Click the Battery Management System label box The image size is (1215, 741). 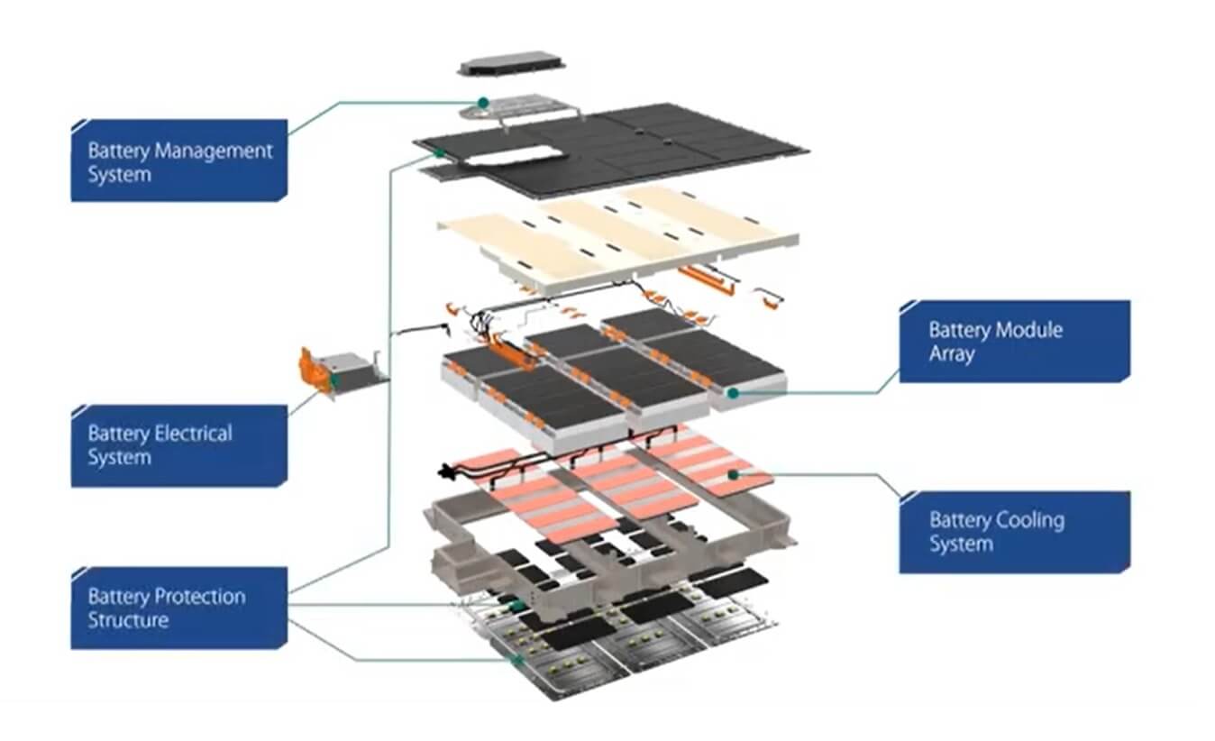pos(178,160)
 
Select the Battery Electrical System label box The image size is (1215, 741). pos(178,445)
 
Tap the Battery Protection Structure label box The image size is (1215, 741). pos(178,608)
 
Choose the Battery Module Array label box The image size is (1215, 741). pos(1014,342)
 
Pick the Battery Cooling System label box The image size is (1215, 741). pos(1014,532)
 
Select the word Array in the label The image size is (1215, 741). pos(952,353)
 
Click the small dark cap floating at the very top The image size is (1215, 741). pos(511,63)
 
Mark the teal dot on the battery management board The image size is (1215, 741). pos(483,103)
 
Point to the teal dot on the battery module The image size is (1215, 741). pos(734,393)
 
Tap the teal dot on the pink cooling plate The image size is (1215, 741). pos(734,472)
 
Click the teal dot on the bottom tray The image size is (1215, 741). pos(517,661)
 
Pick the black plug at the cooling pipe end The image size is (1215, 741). pos(444,471)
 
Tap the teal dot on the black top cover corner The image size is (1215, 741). pos(439,153)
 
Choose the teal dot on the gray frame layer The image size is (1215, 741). pos(516,605)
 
